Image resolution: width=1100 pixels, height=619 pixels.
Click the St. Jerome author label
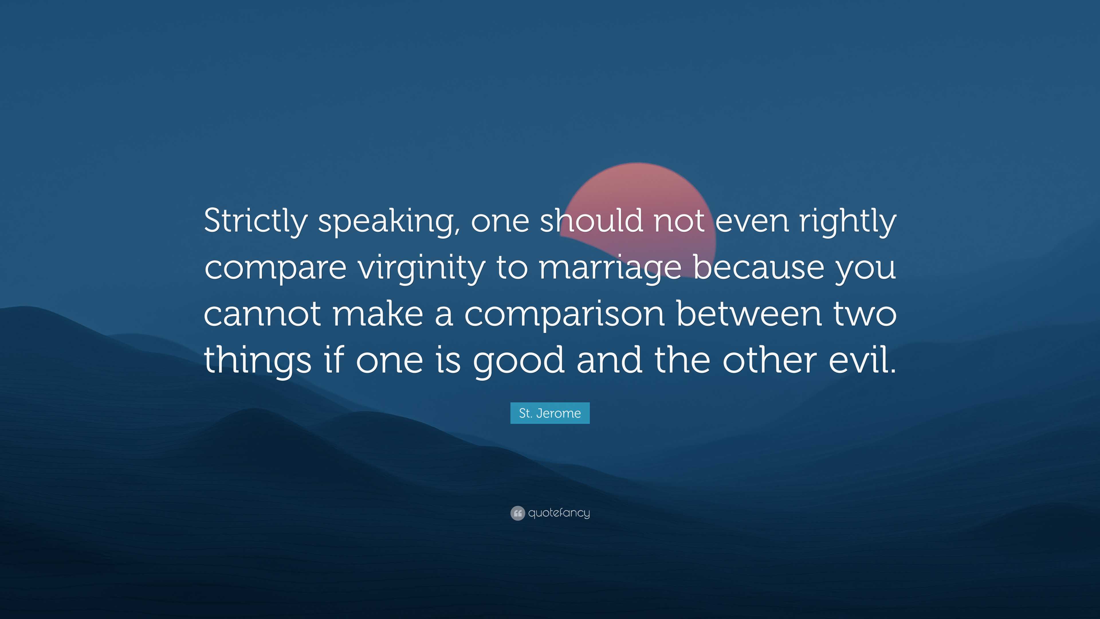click(x=550, y=413)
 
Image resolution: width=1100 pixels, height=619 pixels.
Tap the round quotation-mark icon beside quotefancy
click(x=518, y=513)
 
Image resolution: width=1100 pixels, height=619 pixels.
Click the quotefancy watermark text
click(x=559, y=513)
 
